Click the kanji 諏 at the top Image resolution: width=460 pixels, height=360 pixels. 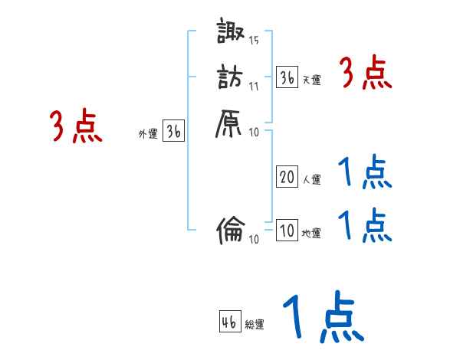230,34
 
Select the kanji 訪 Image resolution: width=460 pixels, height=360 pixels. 230,77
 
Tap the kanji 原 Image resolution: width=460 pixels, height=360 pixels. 230,123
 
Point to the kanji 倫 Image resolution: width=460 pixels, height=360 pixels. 230,229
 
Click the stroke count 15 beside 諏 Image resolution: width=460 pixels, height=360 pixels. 255,41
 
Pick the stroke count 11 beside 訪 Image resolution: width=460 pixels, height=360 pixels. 254,86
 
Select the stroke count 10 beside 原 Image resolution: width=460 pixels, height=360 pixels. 254,133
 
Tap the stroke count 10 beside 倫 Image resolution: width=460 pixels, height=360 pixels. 254,239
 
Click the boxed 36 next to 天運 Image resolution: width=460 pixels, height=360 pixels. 287,77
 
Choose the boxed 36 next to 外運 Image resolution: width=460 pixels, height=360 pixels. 174,132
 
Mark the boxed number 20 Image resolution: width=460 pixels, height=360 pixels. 287,178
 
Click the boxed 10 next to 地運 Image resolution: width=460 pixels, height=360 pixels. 287,231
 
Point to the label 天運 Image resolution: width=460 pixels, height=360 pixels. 311,80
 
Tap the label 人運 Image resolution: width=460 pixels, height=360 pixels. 311,180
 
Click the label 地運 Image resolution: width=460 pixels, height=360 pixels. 311,233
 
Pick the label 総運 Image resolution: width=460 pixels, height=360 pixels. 255,325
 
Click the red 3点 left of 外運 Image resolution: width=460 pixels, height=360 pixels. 76,126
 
